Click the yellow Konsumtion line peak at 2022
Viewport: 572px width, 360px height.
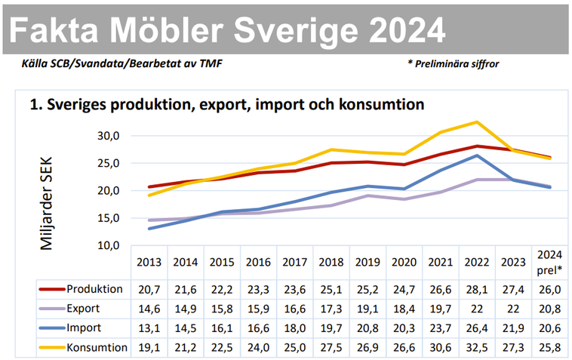pos(477,122)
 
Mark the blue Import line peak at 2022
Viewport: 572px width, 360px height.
pos(477,155)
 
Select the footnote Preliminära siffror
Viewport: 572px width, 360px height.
pos(456,64)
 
